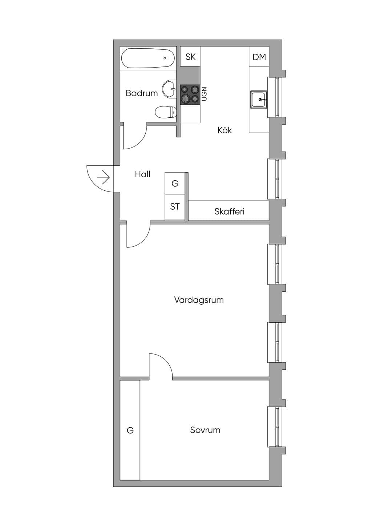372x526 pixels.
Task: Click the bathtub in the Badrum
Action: [148, 58]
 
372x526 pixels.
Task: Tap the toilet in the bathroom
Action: [166, 112]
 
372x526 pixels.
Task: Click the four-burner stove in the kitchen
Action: [190, 94]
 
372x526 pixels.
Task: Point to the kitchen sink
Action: [259, 100]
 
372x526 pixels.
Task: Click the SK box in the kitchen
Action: [190, 56]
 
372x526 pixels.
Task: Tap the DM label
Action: [259, 57]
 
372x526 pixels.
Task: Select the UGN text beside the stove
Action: [204, 94]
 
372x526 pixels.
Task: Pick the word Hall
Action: [142, 174]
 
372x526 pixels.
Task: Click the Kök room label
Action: [225, 130]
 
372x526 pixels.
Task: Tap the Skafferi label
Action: [230, 211]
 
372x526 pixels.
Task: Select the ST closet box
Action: [175, 207]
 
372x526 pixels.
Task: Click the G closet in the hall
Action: [175, 183]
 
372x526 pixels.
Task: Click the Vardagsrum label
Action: [199, 300]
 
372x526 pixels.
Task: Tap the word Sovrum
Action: [205, 430]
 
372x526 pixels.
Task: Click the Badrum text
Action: [142, 93]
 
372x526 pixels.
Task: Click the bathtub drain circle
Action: [165, 58]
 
